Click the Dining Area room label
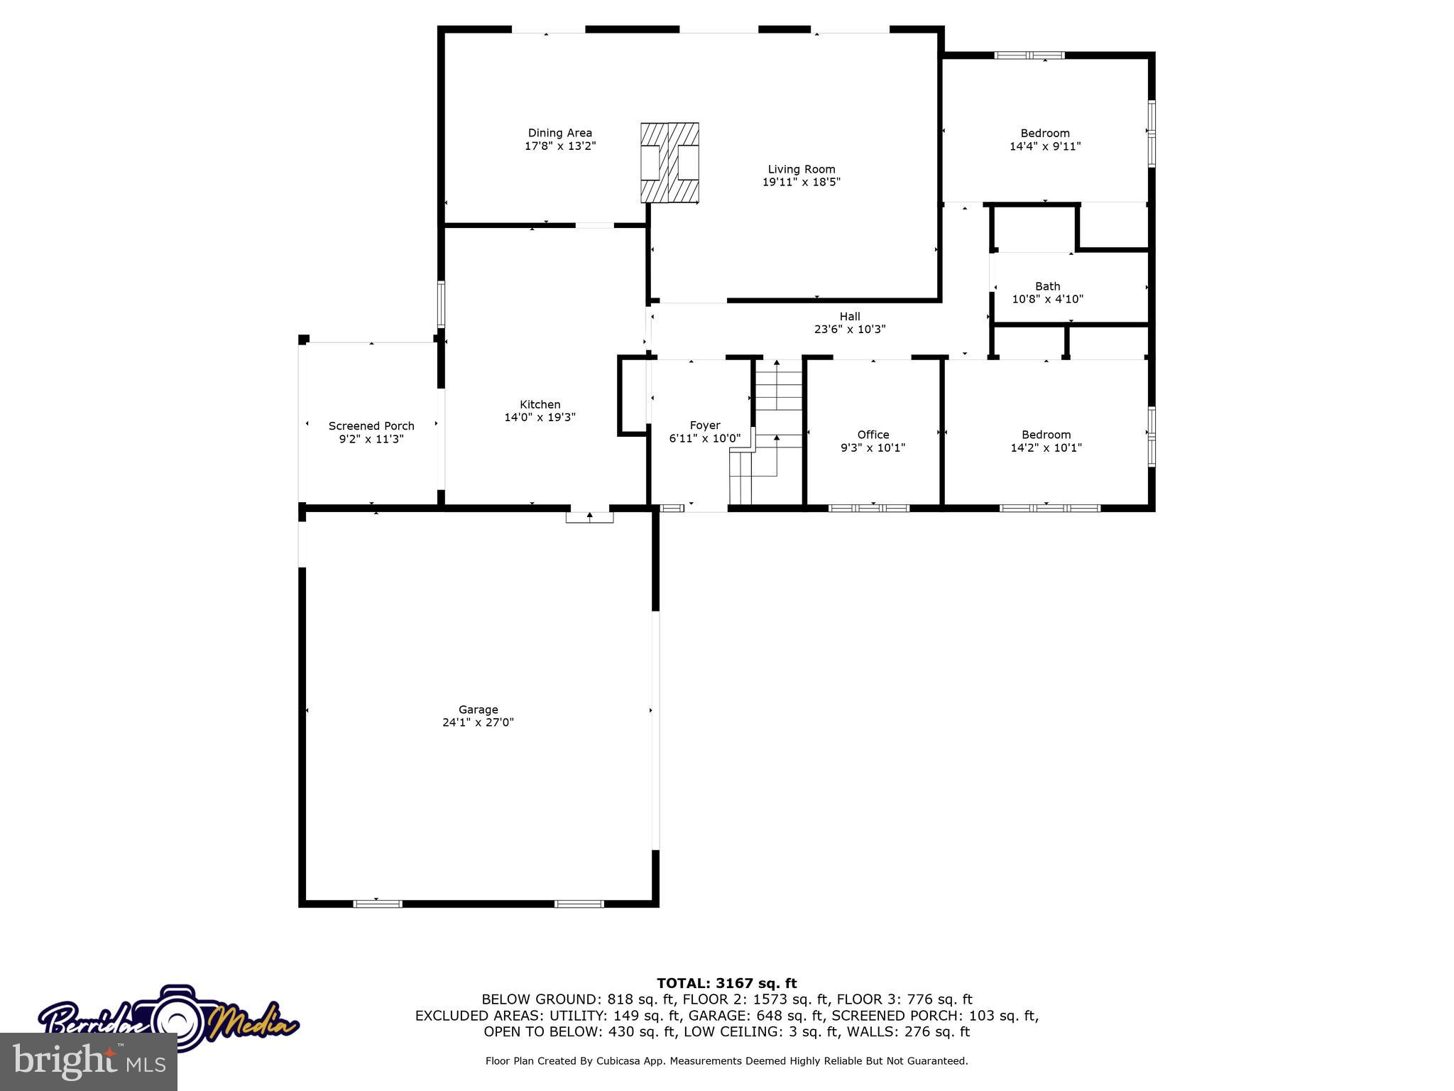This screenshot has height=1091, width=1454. pos(559,133)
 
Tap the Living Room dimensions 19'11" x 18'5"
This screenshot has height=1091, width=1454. pos(801,182)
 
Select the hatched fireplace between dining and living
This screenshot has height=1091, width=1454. pos(669,163)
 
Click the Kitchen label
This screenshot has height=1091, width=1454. pos(540,404)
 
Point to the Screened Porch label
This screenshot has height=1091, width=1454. pos(371,425)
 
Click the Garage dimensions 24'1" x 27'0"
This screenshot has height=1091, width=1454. pos(478,722)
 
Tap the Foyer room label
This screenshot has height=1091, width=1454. pos(704,425)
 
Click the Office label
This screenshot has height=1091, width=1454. pos(873,434)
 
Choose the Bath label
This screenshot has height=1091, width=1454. pos(1047,286)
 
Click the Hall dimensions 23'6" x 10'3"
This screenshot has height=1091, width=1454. pos(850,330)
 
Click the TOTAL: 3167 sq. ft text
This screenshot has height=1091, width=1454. pos(726,983)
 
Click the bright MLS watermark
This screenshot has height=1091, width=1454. pos(89,1062)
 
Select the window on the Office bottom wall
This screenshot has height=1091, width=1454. pos(868,508)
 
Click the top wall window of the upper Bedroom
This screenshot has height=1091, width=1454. pos(1029,55)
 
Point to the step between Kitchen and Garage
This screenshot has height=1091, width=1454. pos(589,517)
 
